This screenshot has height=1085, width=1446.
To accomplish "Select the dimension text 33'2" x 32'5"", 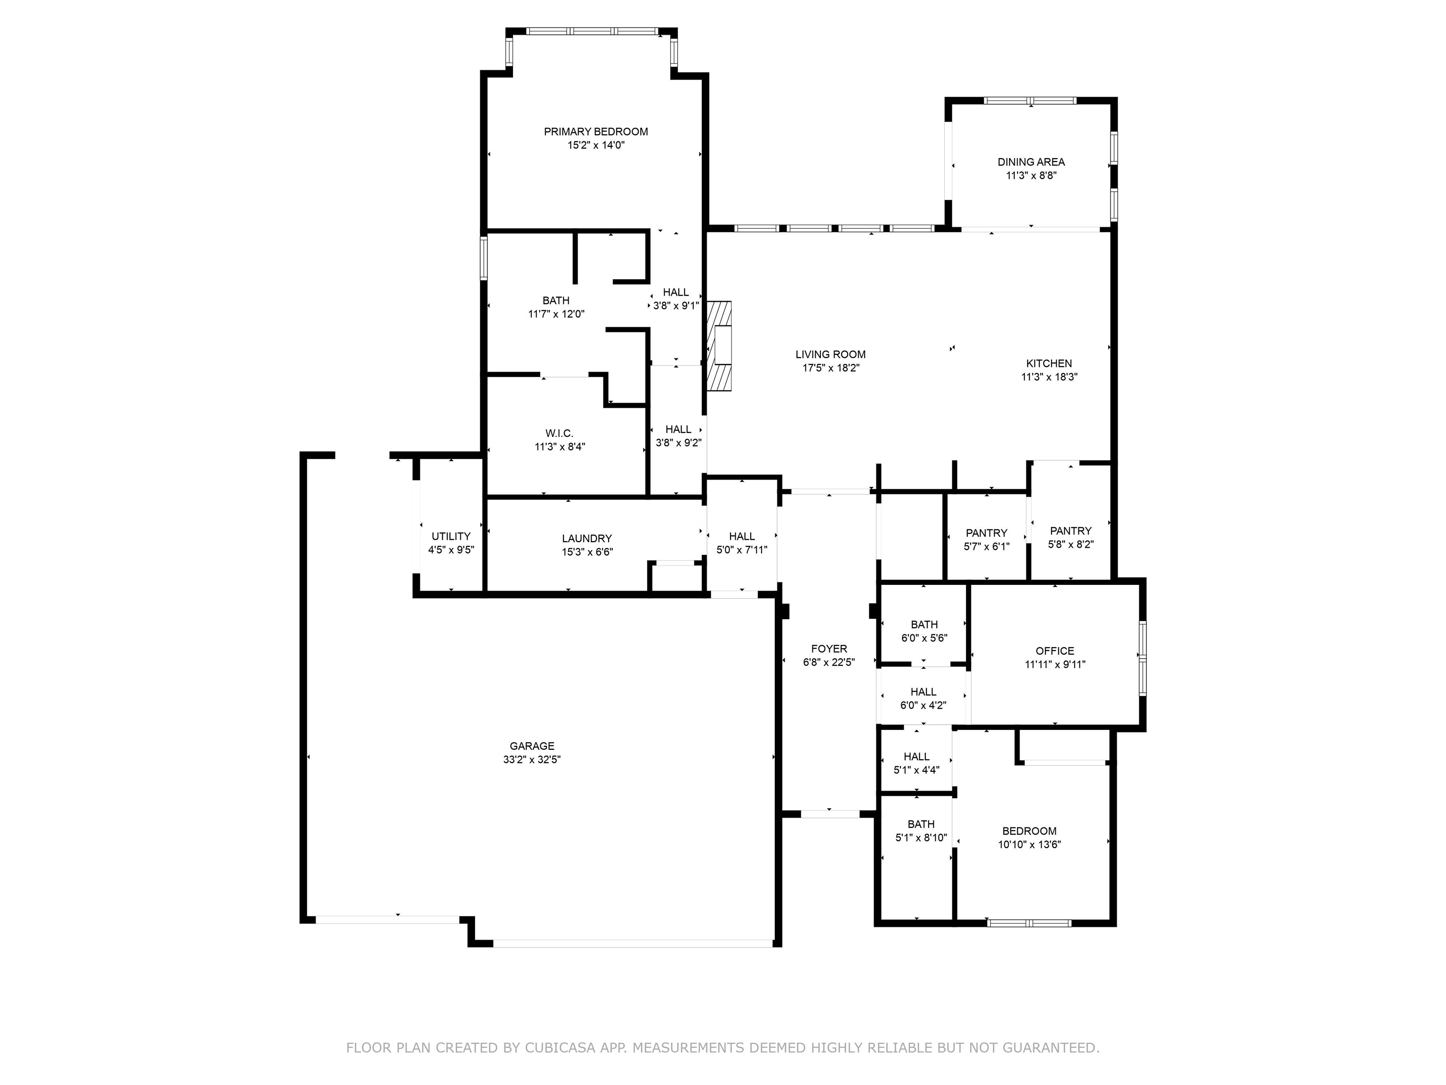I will pyautogui.click(x=531, y=759).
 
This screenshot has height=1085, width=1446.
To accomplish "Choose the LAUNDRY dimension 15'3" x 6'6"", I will pyautogui.click(x=587, y=552).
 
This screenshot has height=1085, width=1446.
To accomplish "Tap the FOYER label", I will pyautogui.click(x=829, y=649).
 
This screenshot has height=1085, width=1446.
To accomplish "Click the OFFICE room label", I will pyautogui.click(x=1054, y=651).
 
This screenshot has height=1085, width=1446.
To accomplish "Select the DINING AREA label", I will pyautogui.click(x=1031, y=162).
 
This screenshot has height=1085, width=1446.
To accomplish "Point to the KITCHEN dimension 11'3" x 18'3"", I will pyautogui.click(x=1049, y=377).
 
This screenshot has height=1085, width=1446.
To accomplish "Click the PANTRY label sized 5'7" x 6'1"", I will pyautogui.click(x=987, y=533).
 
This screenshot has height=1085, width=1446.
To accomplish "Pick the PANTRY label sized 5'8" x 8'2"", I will pyautogui.click(x=1070, y=531).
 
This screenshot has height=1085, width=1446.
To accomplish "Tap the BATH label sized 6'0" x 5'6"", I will pyautogui.click(x=924, y=624).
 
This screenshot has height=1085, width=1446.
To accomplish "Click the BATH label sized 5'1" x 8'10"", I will pyautogui.click(x=920, y=824).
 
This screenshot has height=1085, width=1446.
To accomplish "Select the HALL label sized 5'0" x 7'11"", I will pyautogui.click(x=741, y=536).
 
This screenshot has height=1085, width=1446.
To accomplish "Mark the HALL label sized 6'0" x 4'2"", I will pyautogui.click(x=923, y=692).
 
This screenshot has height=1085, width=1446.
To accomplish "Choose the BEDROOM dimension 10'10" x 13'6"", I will pyautogui.click(x=1029, y=844).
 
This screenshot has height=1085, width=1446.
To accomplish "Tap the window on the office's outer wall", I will pyautogui.click(x=1142, y=657).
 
